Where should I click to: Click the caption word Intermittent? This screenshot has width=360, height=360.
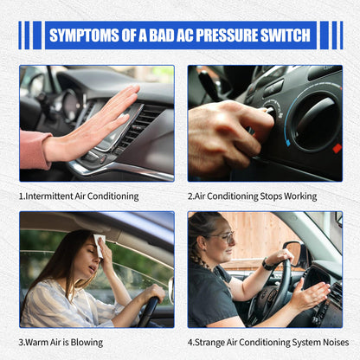[x=49, y=196]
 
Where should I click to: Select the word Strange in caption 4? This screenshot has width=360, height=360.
[x=209, y=343]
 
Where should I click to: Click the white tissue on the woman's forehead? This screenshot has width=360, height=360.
[x=99, y=245]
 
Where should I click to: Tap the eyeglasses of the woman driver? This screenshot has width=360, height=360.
[x=223, y=237]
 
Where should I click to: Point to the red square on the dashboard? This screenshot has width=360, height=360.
[x=337, y=148]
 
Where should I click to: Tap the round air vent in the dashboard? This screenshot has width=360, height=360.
[x=316, y=121]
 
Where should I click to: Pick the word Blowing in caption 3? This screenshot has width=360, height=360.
[x=87, y=343]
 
